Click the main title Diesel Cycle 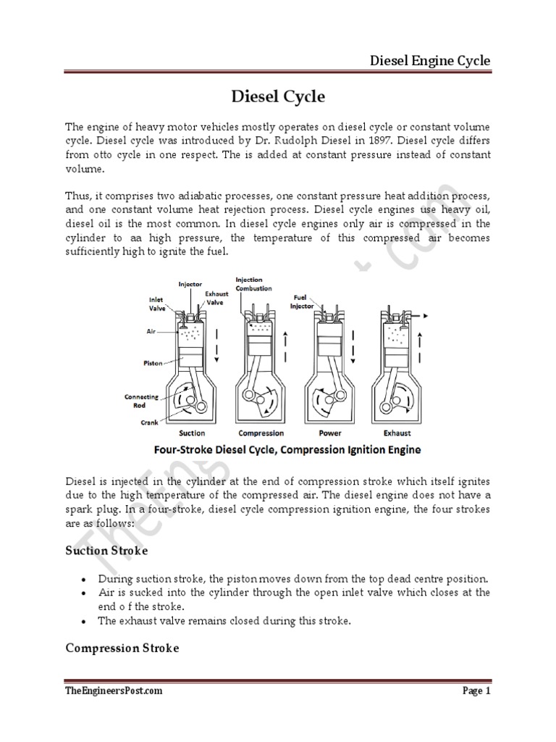[277, 97]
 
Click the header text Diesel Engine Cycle [430, 60]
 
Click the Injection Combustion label [253, 284]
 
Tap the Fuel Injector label [303, 301]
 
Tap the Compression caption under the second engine [260, 433]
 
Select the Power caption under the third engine [330, 433]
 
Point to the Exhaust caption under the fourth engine [397, 433]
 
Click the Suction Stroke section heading [106, 551]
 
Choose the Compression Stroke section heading [122, 648]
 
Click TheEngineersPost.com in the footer [114, 691]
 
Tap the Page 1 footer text [476, 691]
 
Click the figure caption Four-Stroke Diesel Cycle [287, 449]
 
